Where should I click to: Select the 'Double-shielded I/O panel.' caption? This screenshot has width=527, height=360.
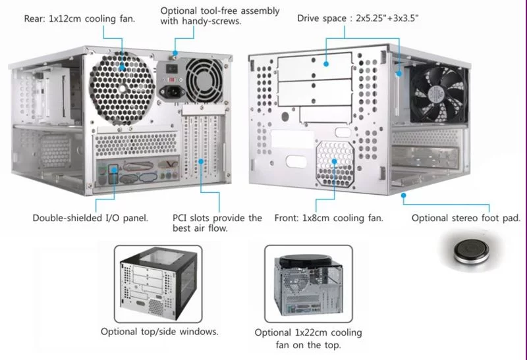click(90, 218)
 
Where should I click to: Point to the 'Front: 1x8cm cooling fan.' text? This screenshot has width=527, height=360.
click(329, 218)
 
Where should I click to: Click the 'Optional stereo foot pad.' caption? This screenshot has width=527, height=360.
click(466, 218)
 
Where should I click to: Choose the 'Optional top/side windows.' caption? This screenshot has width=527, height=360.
click(159, 331)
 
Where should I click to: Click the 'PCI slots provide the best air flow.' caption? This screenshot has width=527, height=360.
click(217, 223)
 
